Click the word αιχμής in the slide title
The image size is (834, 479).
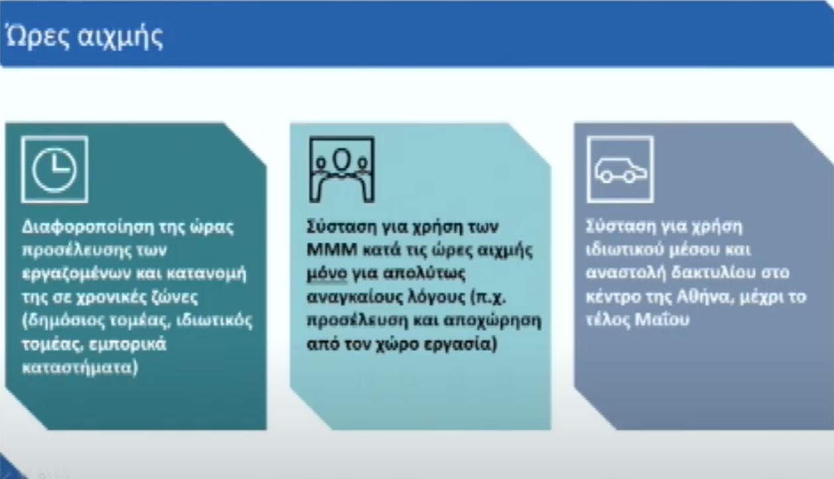pyautogui.click(x=121, y=38)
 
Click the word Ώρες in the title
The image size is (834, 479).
pyautogui.click(x=37, y=36)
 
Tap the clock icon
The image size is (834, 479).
pyautogui.click(x=54, y=170)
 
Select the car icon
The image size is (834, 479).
pyautogui.click(x=620, y=170)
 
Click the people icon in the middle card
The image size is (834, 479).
pyautogui.click(x=342, y=170)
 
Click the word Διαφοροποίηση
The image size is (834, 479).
pyautogui.click(x=88, y=227)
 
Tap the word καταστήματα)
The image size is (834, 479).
pyautogui.click(x=80, y=368)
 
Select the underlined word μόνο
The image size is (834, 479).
pyautogui.click(x=326, y=273)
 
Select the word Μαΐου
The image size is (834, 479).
pyautogui.click(x=662, y=319)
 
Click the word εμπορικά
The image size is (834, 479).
pyautogui.click(x=128, y=344)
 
